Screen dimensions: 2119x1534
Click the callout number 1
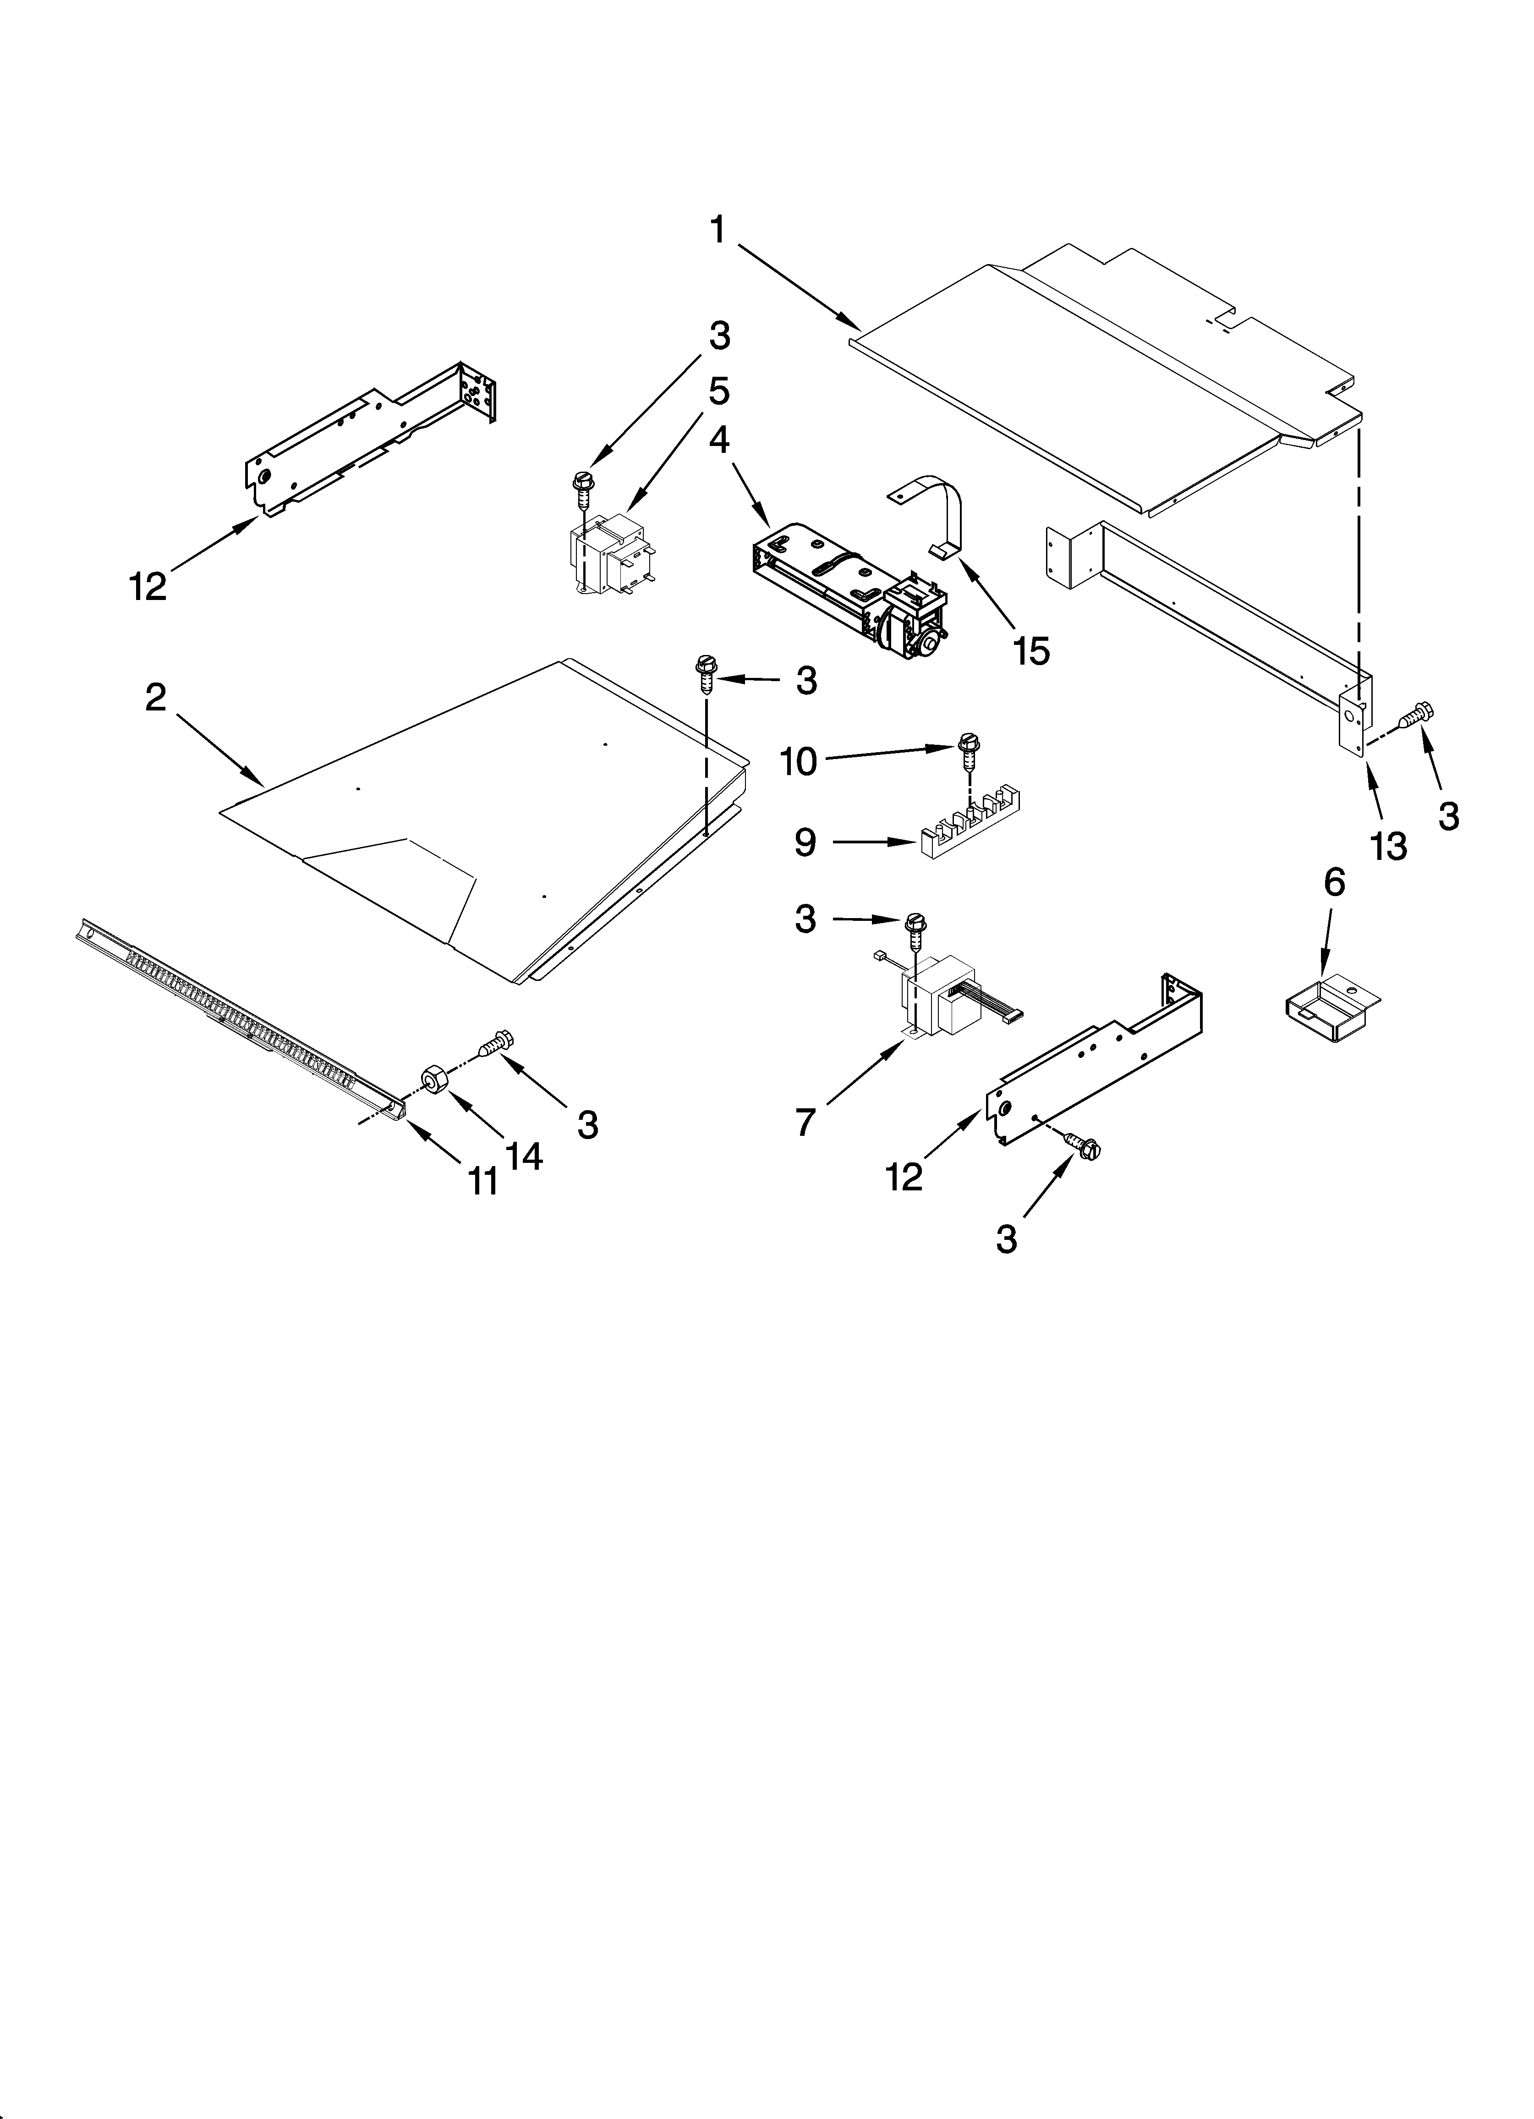[718, 230]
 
